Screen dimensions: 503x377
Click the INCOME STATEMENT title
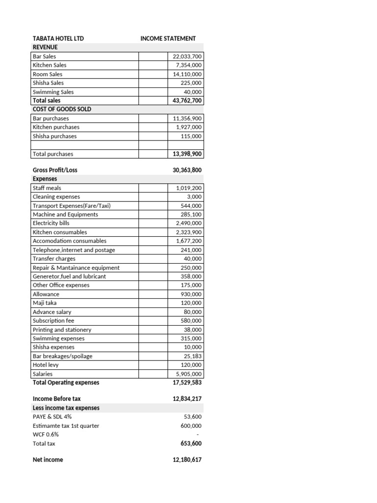click(168, 38)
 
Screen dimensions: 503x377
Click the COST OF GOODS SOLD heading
click(61, 109)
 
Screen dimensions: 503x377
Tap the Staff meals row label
click(47, 188)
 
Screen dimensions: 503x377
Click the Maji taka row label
click(44, 303)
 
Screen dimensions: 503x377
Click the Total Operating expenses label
click(66, 383)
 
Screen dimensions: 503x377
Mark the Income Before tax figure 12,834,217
click(187, 399)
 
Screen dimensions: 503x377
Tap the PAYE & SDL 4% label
click(52, 417)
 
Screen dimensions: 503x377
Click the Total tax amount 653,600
click(191, 444)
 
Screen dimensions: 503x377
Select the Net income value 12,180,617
click(187, 460)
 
